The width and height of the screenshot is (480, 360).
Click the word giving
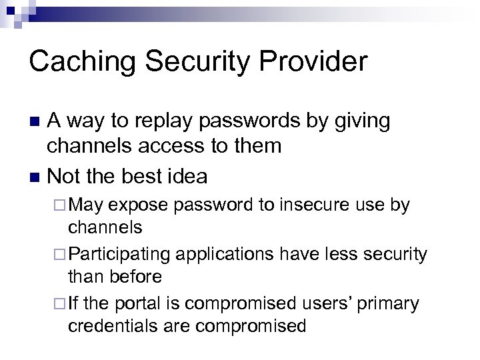363,121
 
